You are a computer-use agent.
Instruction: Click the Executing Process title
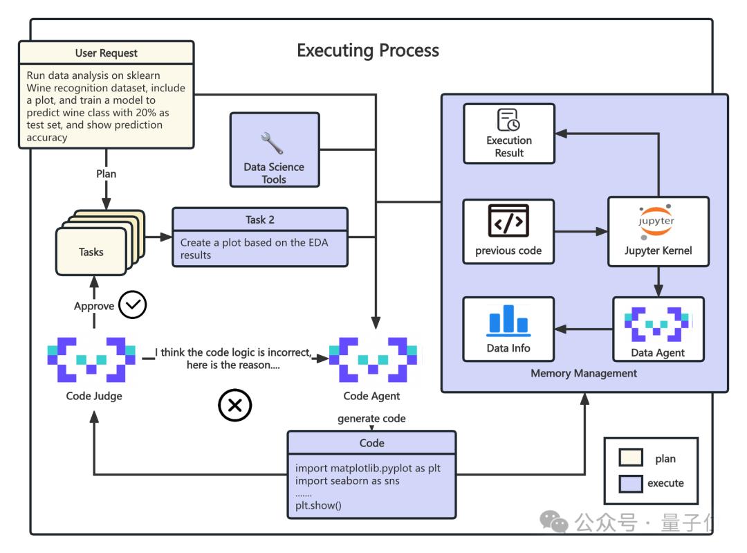pyautogui.click(x=367, y=51)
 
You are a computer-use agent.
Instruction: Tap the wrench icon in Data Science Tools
pyautogui.click(x=273, y=143)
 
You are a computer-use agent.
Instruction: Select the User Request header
pyautogui.click(x=106, y=53)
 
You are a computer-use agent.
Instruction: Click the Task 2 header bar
pyautogui.click(x=259, y=219)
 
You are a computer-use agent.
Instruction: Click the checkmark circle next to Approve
pyautogui.click(x=132, y=305)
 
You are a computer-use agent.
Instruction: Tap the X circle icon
pyautogui.click(x=234, y=405)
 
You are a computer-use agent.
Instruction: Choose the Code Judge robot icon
pyautogui.click(x=91, y=359)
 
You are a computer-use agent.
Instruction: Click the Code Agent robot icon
pyautogui.click(x=373, y=359)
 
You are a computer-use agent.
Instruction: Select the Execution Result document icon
pyautogui.click(x=509, y=120)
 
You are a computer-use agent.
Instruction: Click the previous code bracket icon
pyautogui.click(x=508, y=221)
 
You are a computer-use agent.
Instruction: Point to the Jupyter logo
pyautogui.click(x=658, y=221)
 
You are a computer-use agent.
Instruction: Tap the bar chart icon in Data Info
pyautogui.click(x=508, y=319)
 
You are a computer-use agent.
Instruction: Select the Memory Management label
pyautogui.click(x=584, y=373)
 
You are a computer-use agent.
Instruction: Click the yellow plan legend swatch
pyautogui.click(x=630, y=458)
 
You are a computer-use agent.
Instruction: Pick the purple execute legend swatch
pyautogui.click(x=630, y=484)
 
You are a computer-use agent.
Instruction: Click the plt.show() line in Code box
pyautogui.click(x=319, y=505)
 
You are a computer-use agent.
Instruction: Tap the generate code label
pyautogui.click(x=371, y=419)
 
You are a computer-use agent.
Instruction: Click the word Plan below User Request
pyautogui.click(x=106, y=174)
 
